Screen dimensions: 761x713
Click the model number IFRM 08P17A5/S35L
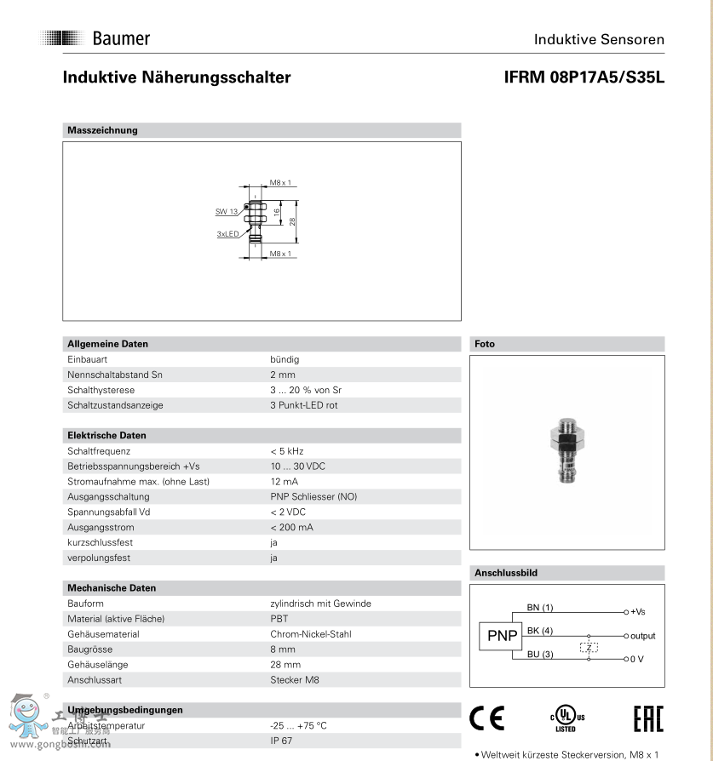[x=584, y=77]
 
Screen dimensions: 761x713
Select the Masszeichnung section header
[x=102, y=130]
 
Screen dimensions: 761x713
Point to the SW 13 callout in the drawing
[x=226, y=210]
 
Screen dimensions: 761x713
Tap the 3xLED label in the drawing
[x=227, y=233]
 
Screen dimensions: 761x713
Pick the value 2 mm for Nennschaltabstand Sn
[x=283, y=375]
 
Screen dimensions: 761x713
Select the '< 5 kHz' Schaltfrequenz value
[x=287, y=450]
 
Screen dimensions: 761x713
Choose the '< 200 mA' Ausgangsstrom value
[x=292, y=527]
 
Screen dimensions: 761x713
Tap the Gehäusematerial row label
[x=103, y=634]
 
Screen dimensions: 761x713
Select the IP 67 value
[x=283, y=741]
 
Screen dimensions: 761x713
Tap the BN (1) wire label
[x=540, y=607]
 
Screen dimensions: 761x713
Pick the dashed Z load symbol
[x=589, y=647]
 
